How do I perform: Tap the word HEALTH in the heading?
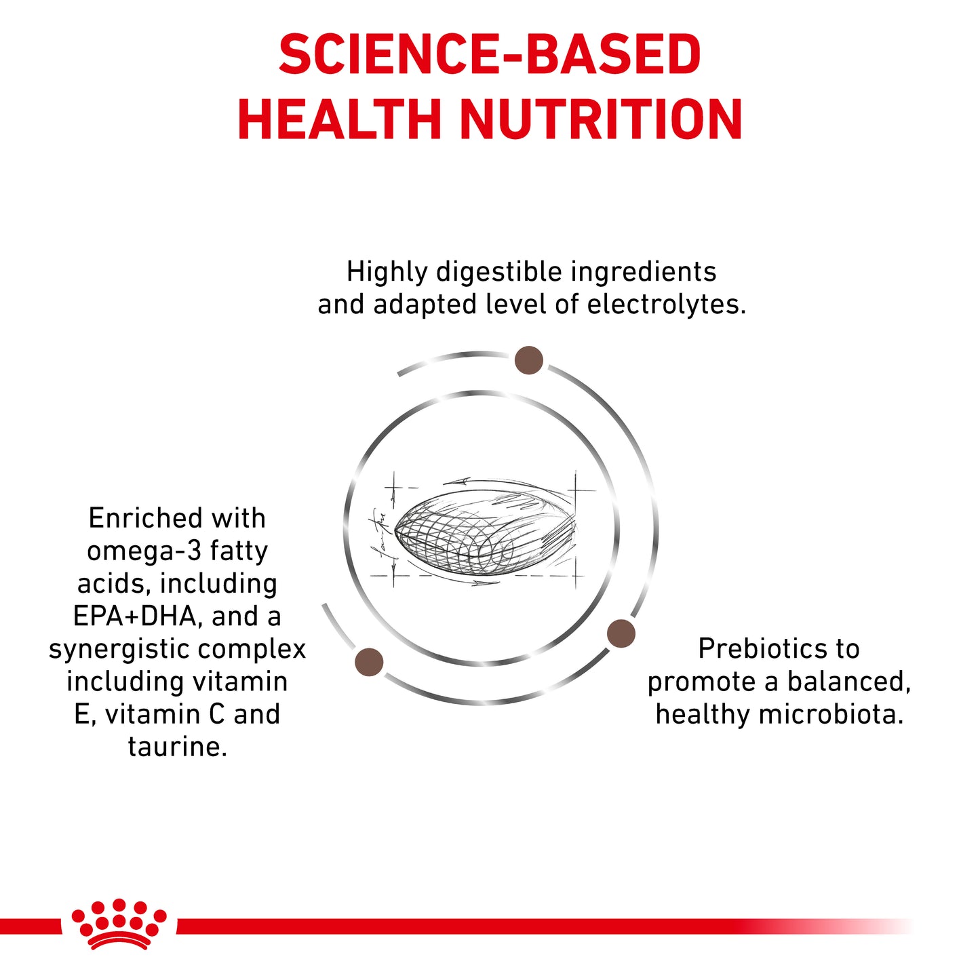(x=340, y=120)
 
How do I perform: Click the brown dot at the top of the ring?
(x=528, y=360)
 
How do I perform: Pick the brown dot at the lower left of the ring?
(x=369, y=662)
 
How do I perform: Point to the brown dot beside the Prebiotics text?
(x=621, y=633)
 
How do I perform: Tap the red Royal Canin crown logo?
(x=119, y=924)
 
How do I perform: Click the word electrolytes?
(x=666, y=305)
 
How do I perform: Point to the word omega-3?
(x=144, y=551)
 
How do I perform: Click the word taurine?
(x=177, y=747)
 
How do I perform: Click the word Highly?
(x=387, y=272)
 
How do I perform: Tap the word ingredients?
(x=644, y=272)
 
